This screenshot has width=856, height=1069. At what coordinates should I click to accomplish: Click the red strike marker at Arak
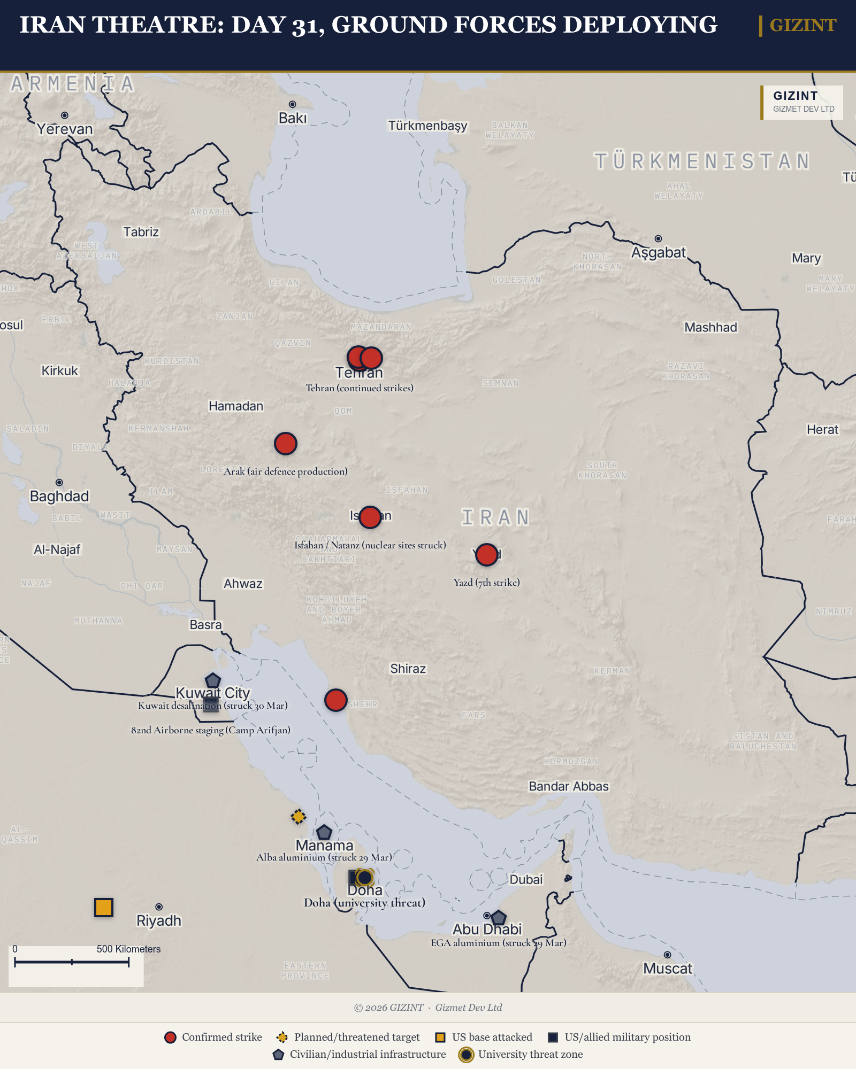pos(286,444)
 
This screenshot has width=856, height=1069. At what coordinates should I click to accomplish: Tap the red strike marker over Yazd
pos(487,555)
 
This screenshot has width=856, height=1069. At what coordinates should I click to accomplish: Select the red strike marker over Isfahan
pos(370,517)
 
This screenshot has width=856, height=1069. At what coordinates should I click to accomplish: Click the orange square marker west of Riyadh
pos(104,907)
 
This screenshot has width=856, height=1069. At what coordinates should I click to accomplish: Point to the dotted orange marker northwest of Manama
pos(299,816)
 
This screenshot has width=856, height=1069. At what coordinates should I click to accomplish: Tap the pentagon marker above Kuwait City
pos(213,680)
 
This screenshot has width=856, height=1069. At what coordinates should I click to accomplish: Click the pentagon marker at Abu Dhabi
pos(499,918)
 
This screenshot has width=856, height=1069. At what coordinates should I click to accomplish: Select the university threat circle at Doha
pos(364,877)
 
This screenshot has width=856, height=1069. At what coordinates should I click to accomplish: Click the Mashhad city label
pos(710,327)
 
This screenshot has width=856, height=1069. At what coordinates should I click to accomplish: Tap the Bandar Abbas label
pos(569,786)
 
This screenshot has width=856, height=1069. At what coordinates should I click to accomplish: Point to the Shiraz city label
pos(408,669)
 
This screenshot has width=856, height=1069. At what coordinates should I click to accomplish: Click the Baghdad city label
pos(59,497)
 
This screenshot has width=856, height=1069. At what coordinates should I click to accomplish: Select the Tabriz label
pos(141,232)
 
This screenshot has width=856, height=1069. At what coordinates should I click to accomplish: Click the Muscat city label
pos(668,969)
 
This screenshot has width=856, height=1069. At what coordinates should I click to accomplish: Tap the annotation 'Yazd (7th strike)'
pos(487,583)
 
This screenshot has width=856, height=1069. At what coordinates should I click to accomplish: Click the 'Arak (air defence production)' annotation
pos(286,471)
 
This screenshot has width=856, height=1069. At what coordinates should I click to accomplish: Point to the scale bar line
pos(72,962)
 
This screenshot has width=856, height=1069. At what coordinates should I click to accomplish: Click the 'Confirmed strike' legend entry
pos(213,1037)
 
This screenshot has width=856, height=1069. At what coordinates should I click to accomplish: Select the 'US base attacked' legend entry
pos(484,1037)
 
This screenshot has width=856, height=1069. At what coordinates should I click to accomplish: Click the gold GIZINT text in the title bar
pos(802,25)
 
